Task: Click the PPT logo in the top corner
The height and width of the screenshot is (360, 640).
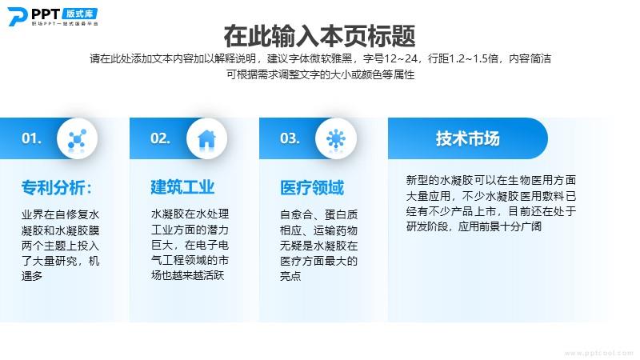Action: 53,17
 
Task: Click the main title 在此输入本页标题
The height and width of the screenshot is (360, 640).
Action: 319,36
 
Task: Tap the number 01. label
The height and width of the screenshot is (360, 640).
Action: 31,138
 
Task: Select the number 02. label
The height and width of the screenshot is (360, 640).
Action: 160,138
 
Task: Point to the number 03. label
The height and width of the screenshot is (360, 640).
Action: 290,138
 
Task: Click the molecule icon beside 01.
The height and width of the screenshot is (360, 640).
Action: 77,138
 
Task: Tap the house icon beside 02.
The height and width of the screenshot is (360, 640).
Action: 207,138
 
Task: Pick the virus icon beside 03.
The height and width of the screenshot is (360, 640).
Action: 336,138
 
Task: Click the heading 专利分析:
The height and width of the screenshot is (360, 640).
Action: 57,188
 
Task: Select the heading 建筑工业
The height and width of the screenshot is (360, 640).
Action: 182,187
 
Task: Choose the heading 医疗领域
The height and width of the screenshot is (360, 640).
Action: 312,188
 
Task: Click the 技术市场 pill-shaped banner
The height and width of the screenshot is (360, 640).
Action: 468,138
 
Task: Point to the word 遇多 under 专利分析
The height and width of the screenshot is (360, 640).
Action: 32,276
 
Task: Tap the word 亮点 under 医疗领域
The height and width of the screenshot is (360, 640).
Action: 290,276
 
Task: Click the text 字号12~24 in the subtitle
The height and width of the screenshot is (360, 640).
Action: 390,58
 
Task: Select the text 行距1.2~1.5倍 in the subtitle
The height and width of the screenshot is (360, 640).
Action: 463,58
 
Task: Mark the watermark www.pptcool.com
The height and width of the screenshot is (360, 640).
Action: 599,353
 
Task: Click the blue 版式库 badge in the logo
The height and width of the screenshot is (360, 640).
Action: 80,14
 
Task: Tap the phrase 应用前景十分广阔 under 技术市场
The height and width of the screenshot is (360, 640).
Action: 500,226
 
